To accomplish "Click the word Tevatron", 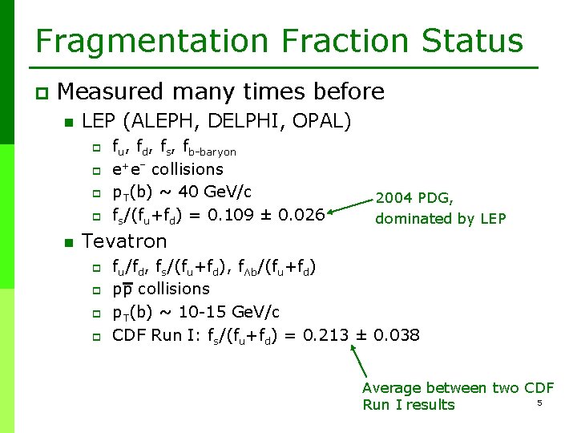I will click(x=125, y=241).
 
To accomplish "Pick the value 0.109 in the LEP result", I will click(x=251, y=215).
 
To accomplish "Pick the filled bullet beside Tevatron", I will click(x=69, y=242).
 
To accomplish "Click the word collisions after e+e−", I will click(x=188, y=169).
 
